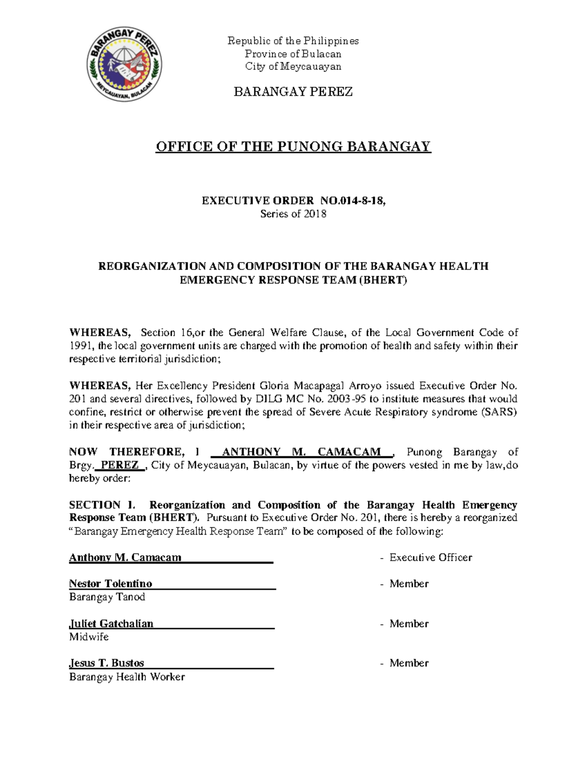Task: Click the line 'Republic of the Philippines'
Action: (x=293, y=41)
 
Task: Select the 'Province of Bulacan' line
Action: (x=293, y=54)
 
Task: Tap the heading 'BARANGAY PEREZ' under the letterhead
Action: (x=293, y=92)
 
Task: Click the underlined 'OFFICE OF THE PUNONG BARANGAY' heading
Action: (x=293, y=147)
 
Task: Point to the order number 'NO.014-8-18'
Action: (x=353, y=200)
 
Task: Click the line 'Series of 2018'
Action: (x=293, y=214)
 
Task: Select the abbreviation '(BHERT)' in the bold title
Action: (x=383, y=280)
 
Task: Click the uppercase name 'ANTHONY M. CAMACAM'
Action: (x=301, y=452)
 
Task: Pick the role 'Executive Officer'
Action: (x=430, y=558)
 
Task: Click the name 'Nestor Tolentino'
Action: (x=111, y=584)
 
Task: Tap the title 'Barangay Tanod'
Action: (x=107, y=597)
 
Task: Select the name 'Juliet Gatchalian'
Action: (x=112, y=624)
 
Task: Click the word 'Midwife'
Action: (x=89, y=637)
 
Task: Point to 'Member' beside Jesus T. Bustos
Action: (x=409, y=663)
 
